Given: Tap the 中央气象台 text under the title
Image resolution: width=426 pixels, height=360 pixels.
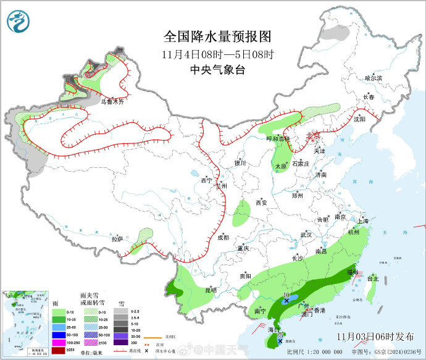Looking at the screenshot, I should pyautogui.click(x=218, y=70).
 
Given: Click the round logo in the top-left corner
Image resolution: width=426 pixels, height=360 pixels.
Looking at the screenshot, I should pyautogui.click(x=19, y=22).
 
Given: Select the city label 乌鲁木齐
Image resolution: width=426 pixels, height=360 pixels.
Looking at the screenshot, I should pyautogui.click(x=112, y=102).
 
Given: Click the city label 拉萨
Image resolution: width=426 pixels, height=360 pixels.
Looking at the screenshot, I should pyautogui.click(x=117, y=238).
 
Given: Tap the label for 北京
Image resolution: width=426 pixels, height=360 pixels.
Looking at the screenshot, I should pyautogui.click(x=314, y=135).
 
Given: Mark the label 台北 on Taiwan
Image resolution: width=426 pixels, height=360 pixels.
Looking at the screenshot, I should pyautogui.click(x=373, y=278).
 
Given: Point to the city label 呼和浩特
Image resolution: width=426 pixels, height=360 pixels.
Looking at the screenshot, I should pyautogui.click(x=278, y=139).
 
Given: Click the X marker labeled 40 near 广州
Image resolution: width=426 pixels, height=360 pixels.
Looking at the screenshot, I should pyautogui.click(x=286, y=301).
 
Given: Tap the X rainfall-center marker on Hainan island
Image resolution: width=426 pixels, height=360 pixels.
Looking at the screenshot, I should pyautogui.click(x=281, y=340).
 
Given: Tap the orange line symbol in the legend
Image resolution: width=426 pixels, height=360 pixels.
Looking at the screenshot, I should pyautogui.click(x=152, y=337).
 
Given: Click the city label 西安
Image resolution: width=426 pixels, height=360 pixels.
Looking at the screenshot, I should pyautogui.click(x=261, y=203).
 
